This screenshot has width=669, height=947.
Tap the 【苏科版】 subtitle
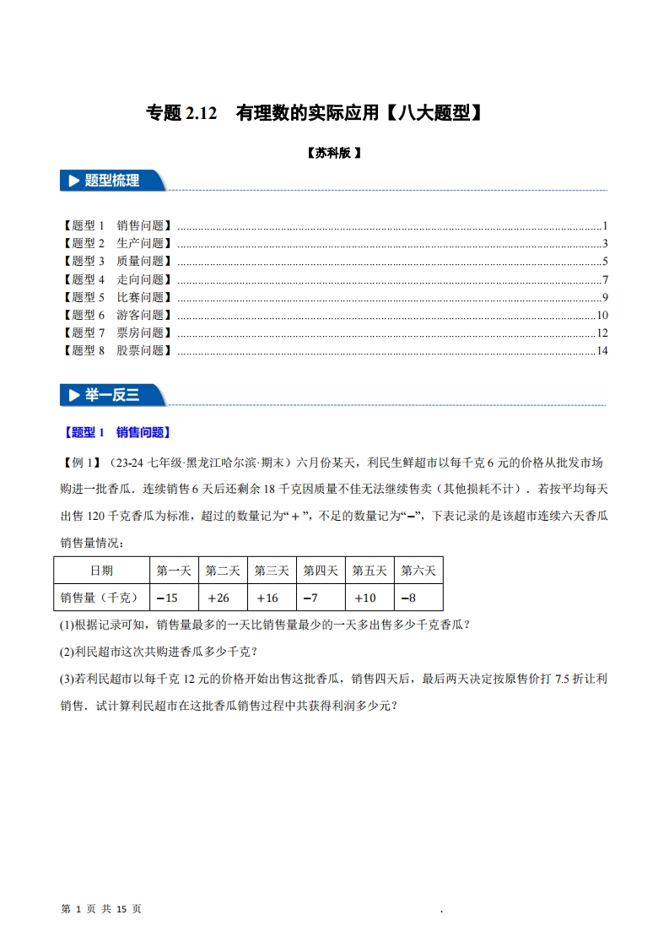334,154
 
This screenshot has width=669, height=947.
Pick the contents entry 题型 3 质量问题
116,262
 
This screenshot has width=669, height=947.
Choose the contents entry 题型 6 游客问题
116,315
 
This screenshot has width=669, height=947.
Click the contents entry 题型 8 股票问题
116,350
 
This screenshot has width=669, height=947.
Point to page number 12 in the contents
602,333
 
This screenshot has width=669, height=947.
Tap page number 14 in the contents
602,350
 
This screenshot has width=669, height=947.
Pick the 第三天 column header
272,571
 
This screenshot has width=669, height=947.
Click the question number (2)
67,652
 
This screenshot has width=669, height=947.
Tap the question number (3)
67,678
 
